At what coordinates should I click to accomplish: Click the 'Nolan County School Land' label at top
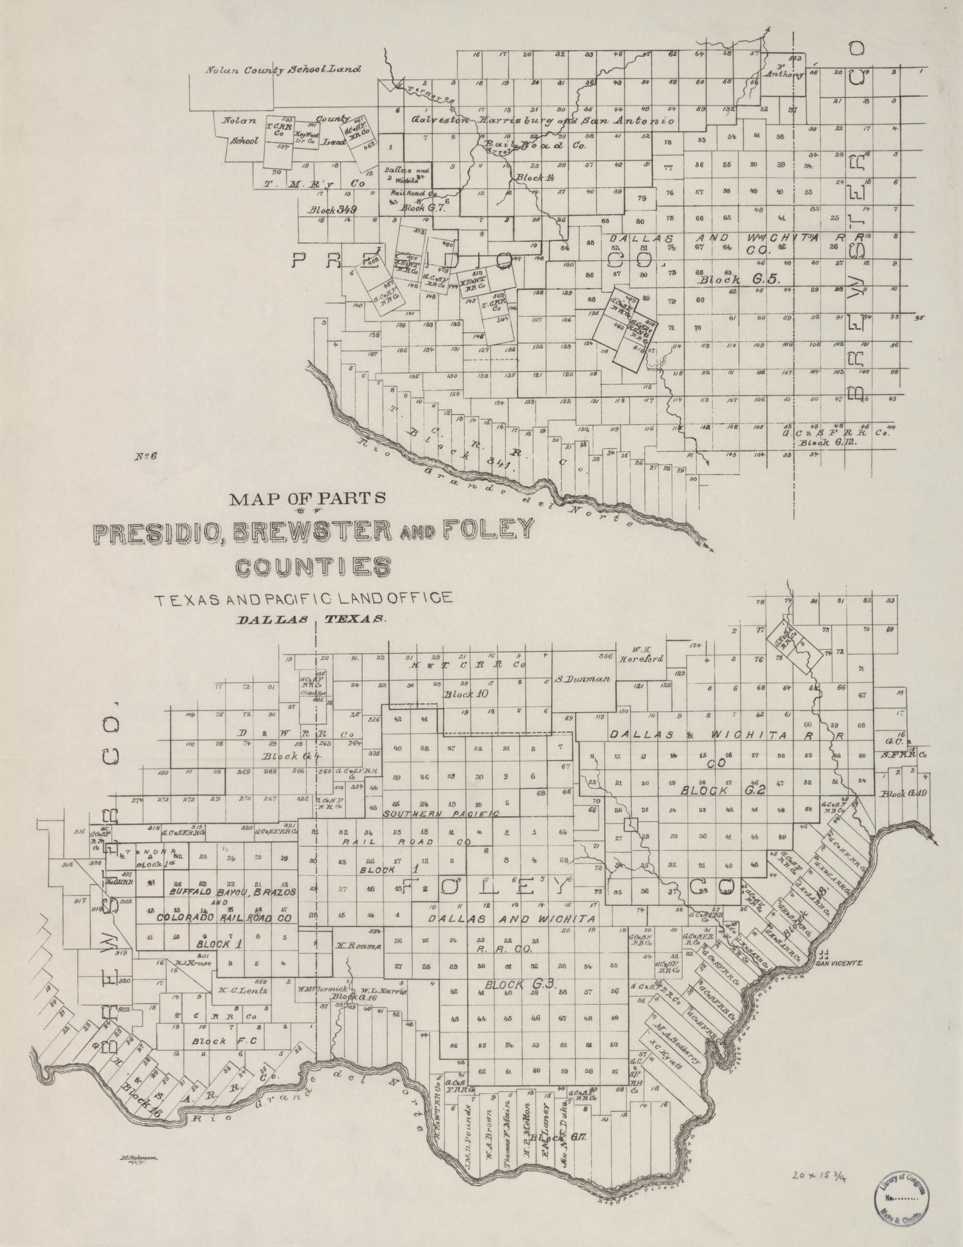pos(284,70)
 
